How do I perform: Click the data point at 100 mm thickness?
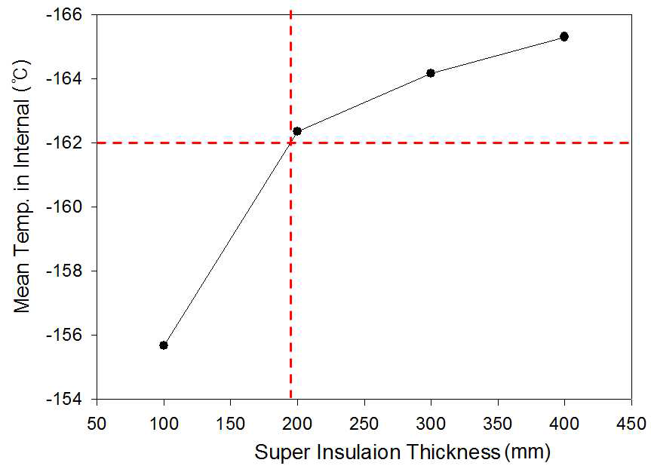tap(164, 345)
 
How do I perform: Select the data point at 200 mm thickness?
tap(297, 131)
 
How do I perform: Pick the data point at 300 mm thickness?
tap(431, 73)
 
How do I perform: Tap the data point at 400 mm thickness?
tap(564, 36)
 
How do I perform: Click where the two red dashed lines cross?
tap(291, 142)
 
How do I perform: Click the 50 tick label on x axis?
tap(97, 420)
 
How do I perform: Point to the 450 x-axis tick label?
tap(631, 420)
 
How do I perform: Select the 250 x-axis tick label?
tap(364, 420)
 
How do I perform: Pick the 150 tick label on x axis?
tap(231, 420)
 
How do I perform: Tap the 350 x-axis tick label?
tap(497, 420)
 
